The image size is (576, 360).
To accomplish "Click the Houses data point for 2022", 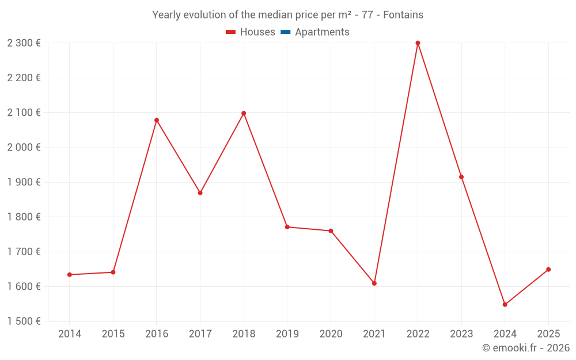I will point(418,43).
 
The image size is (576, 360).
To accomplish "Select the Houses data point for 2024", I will point(505,305).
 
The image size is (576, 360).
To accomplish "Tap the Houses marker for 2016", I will point(157,120).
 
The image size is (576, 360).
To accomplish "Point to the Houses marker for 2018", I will point(244,113).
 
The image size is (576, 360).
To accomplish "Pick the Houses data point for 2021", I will point(374,283).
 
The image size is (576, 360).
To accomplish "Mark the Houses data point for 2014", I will point(70,275).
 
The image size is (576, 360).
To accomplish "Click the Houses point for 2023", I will point(461,177).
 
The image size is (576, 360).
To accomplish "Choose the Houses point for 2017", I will point(200,193).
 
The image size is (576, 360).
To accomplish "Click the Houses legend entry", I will point(251,32).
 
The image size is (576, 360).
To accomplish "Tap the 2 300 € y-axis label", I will point(24,43).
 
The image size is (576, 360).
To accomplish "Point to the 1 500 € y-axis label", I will point(24,321).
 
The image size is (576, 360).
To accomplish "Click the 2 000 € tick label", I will point(24,147).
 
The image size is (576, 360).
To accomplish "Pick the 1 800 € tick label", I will point(24,217).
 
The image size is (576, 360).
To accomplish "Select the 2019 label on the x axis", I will point(287,334).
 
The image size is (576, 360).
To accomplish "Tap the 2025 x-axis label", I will point(548,334).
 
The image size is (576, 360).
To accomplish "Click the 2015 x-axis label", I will point(113,334).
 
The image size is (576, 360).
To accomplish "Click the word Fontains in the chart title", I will point(403,15).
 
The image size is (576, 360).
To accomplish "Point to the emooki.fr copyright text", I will point(526,348).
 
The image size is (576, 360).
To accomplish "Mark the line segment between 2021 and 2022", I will point(396,163).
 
